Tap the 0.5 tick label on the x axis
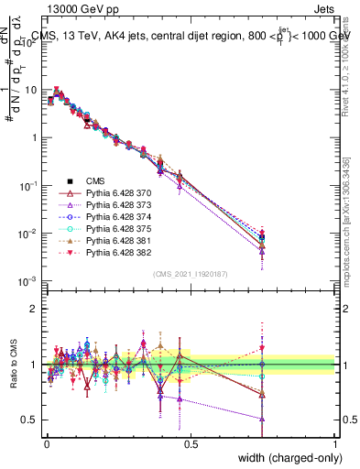(x=191, y=443)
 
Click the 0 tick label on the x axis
(x=46, y=443)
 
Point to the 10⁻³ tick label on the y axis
(x=30, y=281)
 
